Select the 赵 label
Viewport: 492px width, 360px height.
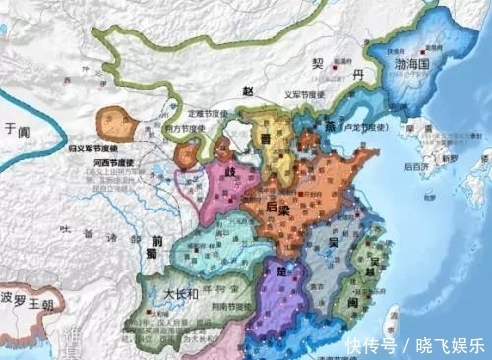(x=250, y=90)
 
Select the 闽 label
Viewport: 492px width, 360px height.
(x=349, y=302)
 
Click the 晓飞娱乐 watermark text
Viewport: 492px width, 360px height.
(x=448, y=346)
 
